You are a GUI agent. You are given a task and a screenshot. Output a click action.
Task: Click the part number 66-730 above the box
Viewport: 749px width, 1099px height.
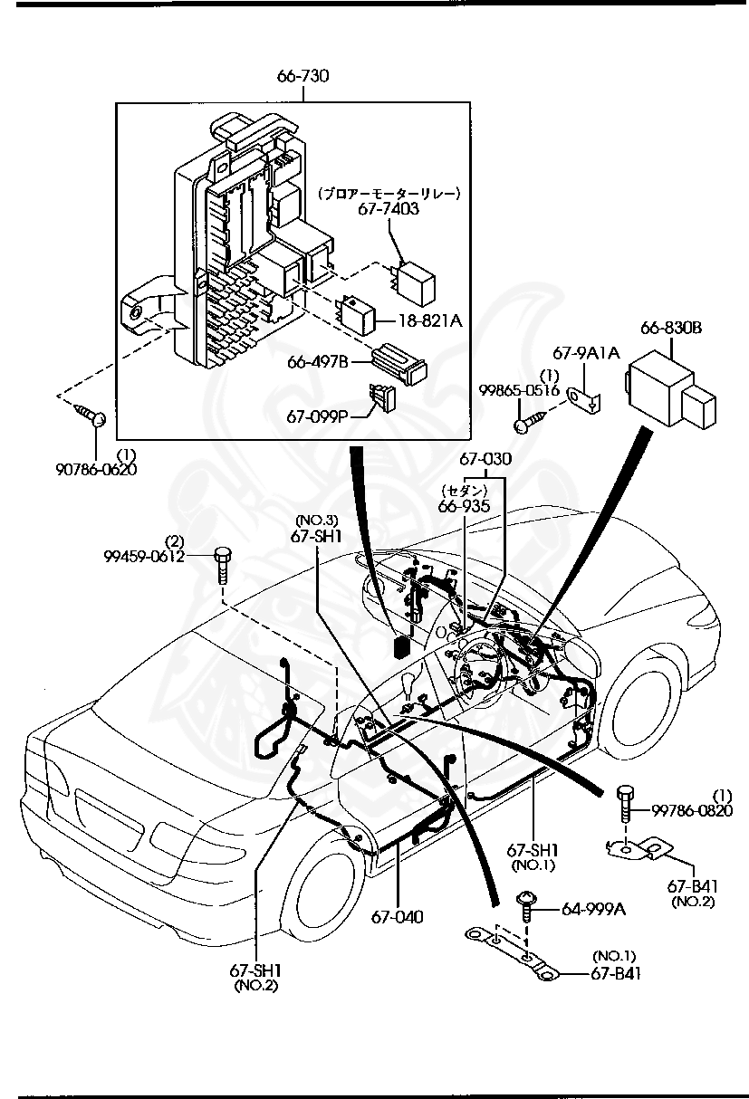(302, 76)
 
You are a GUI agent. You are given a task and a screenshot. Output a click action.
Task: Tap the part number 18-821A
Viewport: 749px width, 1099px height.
(431, 320)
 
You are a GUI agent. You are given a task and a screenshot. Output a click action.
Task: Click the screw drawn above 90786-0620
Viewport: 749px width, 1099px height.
(91, 415)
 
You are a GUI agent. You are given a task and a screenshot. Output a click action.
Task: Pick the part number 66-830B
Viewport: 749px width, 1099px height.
(672, 328)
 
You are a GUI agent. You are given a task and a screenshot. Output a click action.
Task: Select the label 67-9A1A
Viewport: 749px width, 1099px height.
(586, 354)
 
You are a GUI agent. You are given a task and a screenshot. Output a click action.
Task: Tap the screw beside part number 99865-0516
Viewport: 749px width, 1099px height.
(530, 420)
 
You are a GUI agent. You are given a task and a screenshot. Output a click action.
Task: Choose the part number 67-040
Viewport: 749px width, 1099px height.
(397, 917)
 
